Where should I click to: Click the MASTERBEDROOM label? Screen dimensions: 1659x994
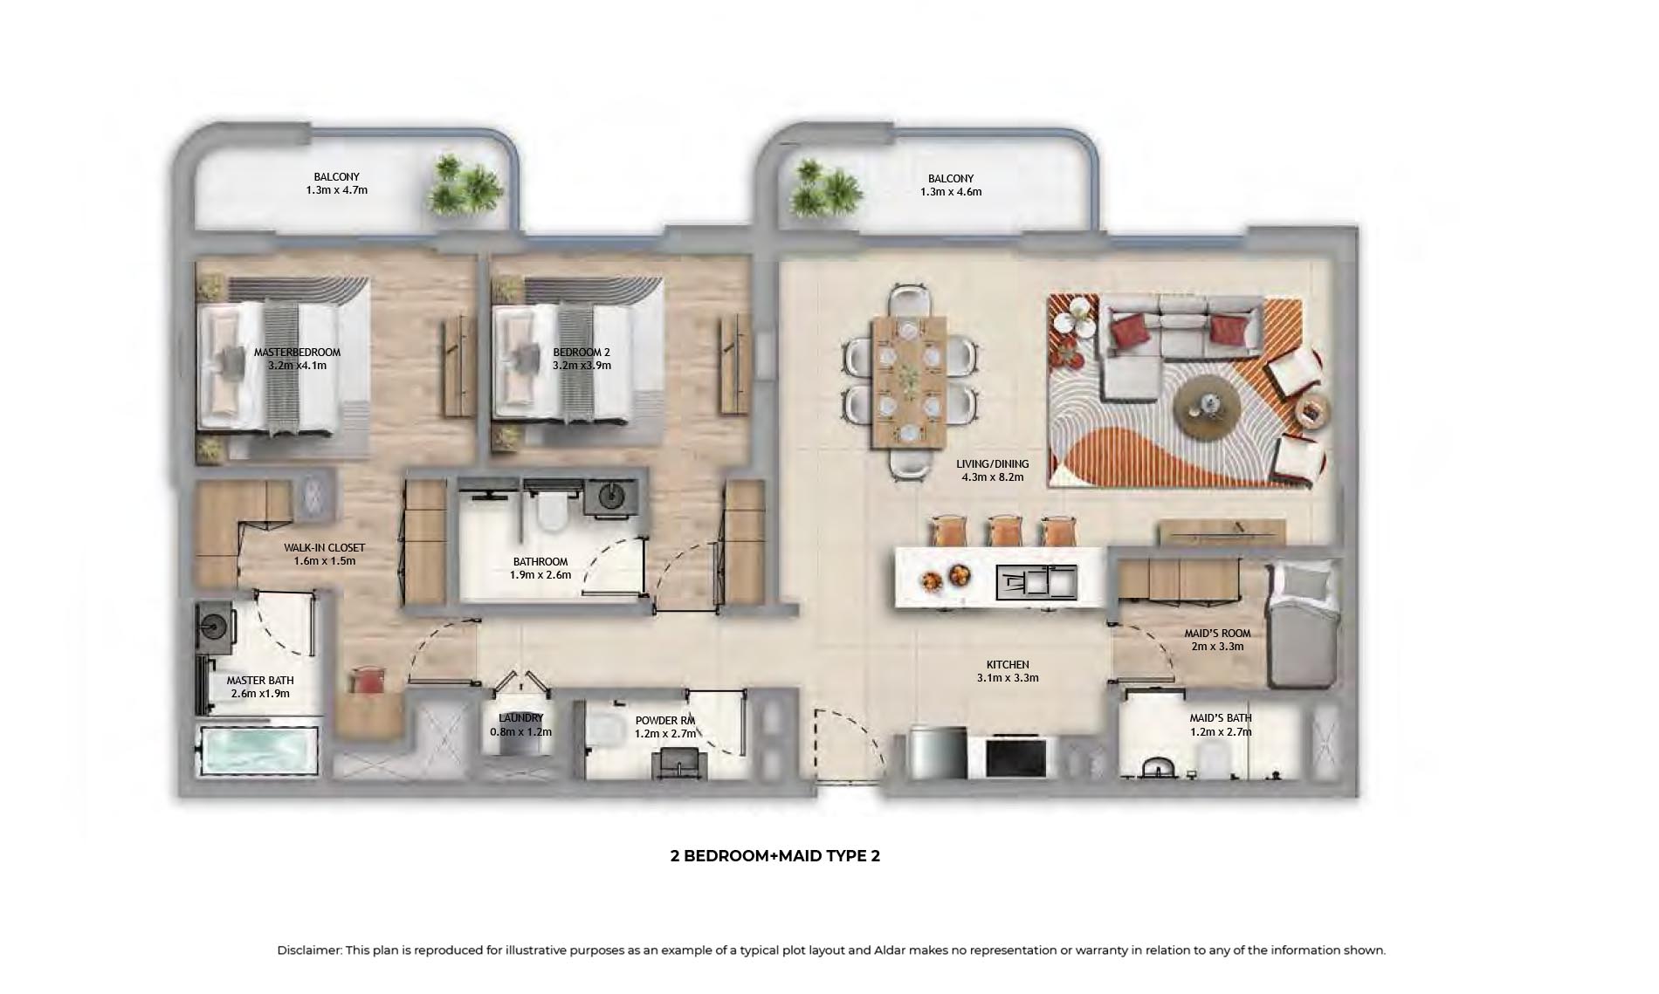point(297,353)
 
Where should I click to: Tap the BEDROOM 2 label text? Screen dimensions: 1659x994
point(582,353)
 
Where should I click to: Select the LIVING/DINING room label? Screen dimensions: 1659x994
point(993,464)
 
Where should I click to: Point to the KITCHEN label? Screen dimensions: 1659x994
point(1008,665)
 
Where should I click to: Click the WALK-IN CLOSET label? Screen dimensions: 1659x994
point(324,548)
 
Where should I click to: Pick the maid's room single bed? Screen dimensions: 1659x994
point(1302,625)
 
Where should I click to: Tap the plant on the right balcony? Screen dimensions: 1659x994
point(824,188)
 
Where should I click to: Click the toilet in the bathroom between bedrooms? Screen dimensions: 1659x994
point(552,513)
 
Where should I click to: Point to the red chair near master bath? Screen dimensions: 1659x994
point(368,681)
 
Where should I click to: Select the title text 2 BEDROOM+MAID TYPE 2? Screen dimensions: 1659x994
point(774,856)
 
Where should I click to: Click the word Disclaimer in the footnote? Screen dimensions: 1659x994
point(309,950)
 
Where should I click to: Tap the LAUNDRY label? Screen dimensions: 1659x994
point(520,718)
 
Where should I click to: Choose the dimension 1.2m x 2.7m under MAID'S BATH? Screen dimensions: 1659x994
point(1221,732)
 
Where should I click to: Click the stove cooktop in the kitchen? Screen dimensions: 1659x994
point(1015,757)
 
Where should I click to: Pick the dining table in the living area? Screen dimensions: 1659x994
point(909,381)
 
